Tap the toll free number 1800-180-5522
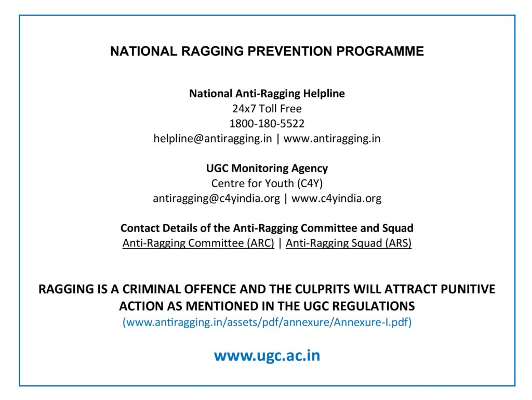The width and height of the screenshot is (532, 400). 267,123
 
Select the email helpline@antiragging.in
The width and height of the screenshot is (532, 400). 212,138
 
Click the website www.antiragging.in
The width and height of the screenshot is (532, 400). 332,138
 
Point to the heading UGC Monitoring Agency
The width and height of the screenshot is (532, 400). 267,169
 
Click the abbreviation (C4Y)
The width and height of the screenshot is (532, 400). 310,184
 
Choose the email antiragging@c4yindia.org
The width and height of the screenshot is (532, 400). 217,198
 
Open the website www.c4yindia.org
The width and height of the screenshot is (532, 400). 336,198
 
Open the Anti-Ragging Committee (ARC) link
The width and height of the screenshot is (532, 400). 198,243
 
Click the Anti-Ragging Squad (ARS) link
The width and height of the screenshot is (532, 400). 349,243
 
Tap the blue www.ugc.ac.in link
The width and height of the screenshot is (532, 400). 267,355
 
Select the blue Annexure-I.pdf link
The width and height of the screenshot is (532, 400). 267,322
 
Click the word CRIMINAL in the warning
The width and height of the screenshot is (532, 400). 152,289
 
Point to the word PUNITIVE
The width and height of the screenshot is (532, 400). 468,289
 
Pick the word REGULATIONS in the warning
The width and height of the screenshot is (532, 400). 373,306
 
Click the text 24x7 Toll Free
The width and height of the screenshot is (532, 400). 267,109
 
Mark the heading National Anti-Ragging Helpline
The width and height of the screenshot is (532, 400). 267,94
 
